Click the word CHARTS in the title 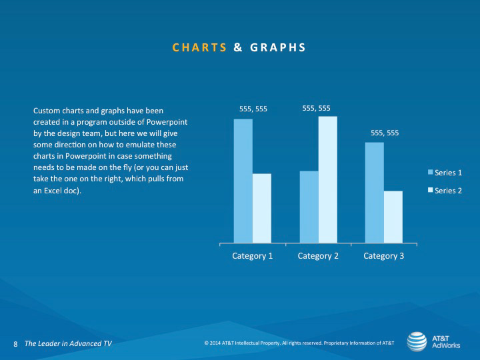(199, 47)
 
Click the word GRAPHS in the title (278, 47)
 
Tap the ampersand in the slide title (238, 47)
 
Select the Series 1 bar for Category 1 (243, 181)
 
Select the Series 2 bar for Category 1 (262, 208)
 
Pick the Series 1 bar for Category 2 (309, 207)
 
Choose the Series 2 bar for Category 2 (328, 180)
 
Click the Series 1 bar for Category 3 (375, 193)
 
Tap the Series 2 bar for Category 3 (393, 217)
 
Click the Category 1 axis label (252, 256)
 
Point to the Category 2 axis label (318, 256)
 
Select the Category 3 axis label (383, 256)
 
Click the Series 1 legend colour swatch (431, 172)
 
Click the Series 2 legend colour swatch (431, 190)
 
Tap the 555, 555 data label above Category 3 (385, 133)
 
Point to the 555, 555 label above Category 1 (253, 109)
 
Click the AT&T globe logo (417, 341)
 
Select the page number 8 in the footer (15, 344)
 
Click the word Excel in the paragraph (53, 191)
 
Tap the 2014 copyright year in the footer (215, 343)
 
